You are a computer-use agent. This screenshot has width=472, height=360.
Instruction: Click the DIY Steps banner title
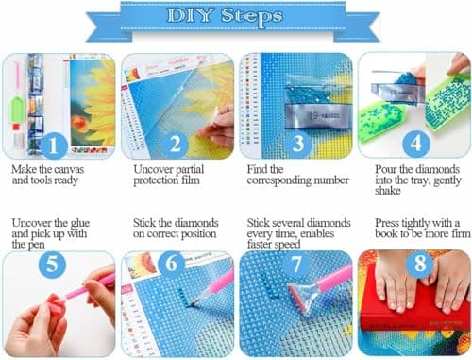click(235, 17)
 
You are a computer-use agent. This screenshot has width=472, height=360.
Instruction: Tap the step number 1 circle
click(54, 146)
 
